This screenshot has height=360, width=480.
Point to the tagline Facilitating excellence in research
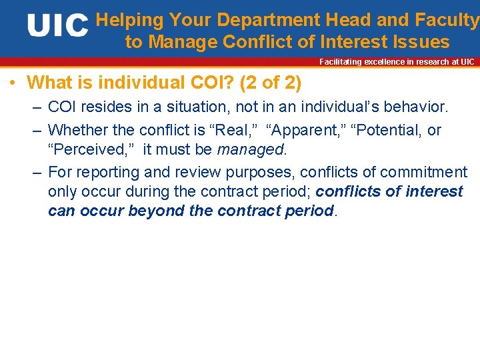tap(397, 62)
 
